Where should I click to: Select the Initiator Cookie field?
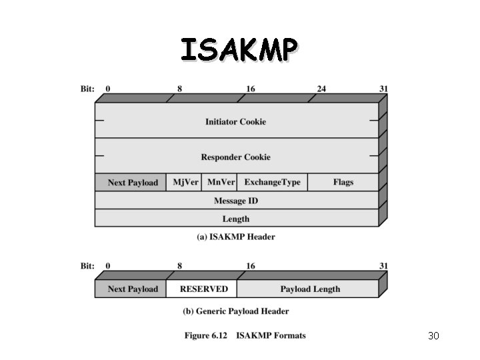click(235, 121)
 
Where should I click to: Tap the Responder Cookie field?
click(235, 157)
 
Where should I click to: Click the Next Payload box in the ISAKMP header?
click(133, 182)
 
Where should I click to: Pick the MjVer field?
click(185, 182)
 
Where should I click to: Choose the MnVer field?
click(221, 182)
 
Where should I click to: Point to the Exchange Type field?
click(272, 182)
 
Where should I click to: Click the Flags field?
click(343, 182)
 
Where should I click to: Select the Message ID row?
click(235, 200)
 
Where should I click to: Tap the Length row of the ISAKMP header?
click(235, 218)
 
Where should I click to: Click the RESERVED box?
click(203, 289)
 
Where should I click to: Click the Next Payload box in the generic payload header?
click(133, 289)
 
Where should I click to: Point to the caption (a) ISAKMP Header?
click(235, 237)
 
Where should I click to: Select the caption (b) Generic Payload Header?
click(235, 311)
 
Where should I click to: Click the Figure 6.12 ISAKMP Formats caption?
click(245, 335)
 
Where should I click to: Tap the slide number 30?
click(433, 335)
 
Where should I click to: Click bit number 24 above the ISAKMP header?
click(321, 88)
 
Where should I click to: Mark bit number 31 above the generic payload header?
click(383, 266)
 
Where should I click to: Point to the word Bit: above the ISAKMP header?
click(87, 88)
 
